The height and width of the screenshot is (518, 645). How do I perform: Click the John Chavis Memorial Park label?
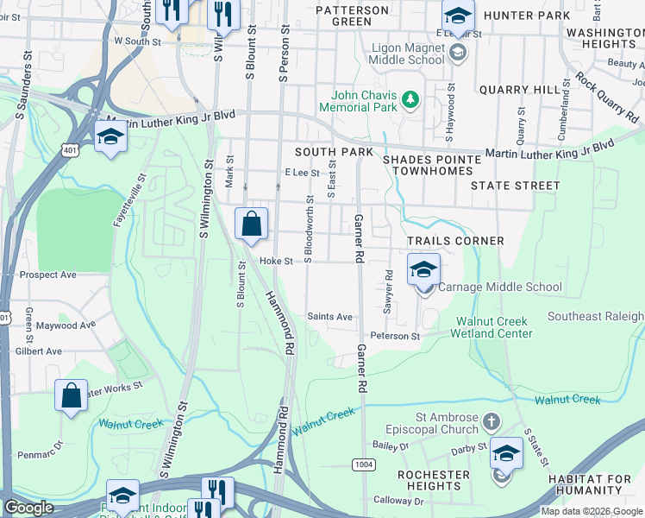pyautogui.click(x=358, y=101)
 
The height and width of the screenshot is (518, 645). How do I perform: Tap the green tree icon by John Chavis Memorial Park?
pyautogui.click(x=411, y=101)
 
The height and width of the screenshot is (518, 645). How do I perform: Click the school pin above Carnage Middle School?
pyautogui.click(x=423, y=271)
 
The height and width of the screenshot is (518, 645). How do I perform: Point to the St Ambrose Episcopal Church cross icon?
pyautogui.click(x=491, y=422)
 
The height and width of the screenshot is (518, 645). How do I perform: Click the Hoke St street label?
pyautogui.click(x=276, y=261)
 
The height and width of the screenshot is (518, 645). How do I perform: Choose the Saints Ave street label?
pyautogui.click(x=329, y=317)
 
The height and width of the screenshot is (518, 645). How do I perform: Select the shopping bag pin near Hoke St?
pyautogui.click(x=250, y=224)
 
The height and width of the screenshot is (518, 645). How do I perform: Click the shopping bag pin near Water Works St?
pyautogui.click(x=72, y=396)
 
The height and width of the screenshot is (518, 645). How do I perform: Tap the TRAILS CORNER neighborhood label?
pyautogui.click(x=454, y=241)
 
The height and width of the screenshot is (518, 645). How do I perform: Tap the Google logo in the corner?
pyautogui.click(x=28, y=508)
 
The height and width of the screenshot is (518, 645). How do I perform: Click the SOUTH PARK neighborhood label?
pyautogui.click(x=334, y=152)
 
